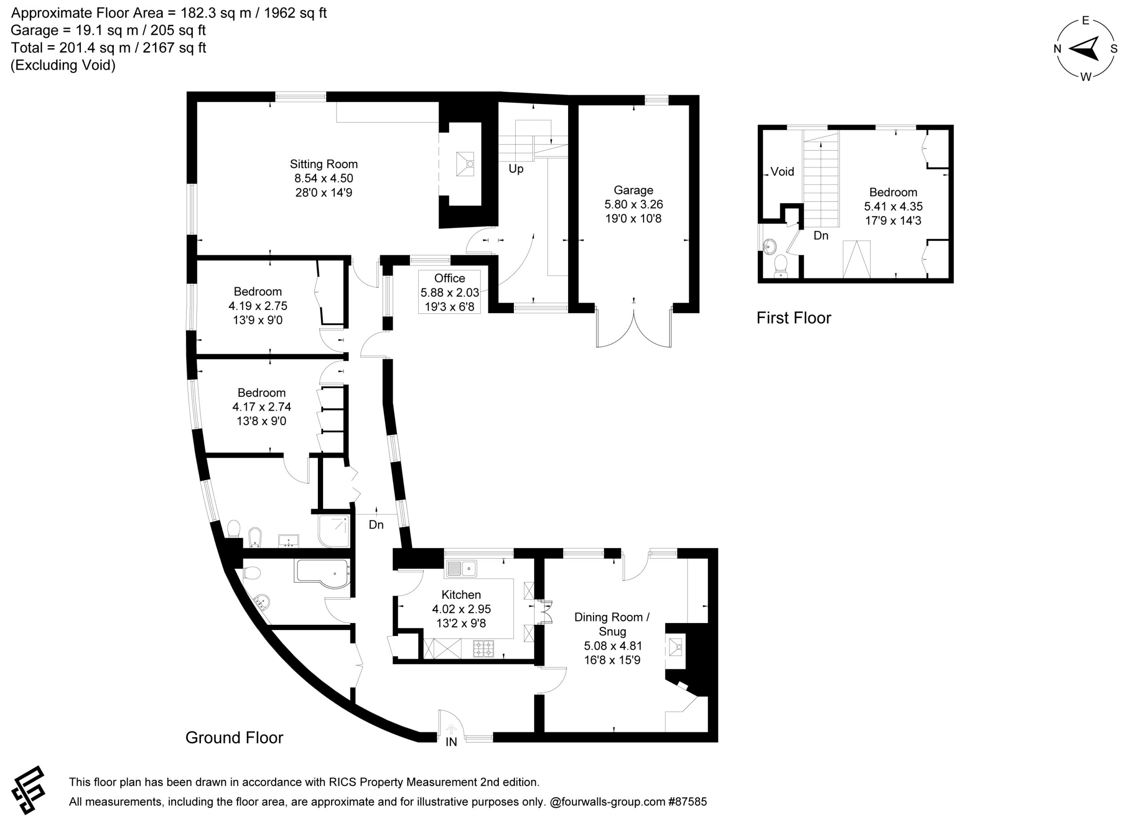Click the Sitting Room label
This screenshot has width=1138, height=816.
point(324,164)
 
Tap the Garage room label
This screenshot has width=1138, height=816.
point(633,190)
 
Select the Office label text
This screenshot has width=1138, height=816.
point(449,278)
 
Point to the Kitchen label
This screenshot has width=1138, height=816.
point(461,595)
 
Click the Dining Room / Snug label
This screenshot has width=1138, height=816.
point(612,624)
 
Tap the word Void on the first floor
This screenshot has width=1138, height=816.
point(782,172)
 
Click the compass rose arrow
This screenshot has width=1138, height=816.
point(1084,48)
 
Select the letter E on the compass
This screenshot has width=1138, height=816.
point(1085,20)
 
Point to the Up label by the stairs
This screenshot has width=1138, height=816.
point(516,169)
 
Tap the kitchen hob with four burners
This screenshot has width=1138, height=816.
point(483,648)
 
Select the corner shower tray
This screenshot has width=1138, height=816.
point(334,531)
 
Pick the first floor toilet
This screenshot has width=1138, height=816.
point(781,265)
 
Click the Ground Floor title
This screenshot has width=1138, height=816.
point(234,738)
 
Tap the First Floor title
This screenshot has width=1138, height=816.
point(794,318)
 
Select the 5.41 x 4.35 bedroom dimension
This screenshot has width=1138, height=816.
point(893,206)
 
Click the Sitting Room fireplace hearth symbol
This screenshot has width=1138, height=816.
point(465,164)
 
